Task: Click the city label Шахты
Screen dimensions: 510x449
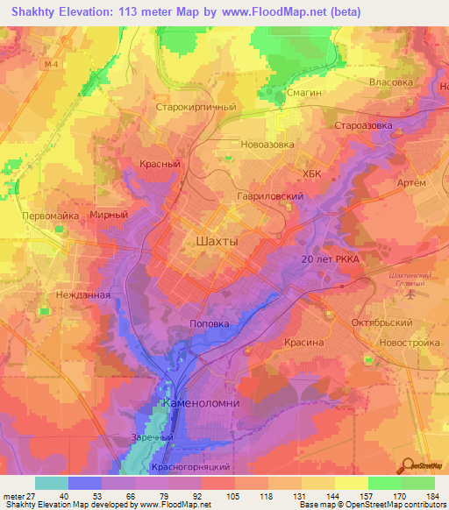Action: pos(214,240)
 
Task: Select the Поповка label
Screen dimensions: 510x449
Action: pos(210,323)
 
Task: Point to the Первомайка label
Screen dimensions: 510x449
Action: pos(51,215)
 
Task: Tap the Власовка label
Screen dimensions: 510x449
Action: pos(390,81)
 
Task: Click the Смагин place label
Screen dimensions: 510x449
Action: pos(305,91)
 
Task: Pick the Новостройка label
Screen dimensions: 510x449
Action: pos(402,343)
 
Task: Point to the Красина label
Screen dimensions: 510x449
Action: pos(303,343)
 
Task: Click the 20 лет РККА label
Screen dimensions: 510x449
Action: pos(331,260)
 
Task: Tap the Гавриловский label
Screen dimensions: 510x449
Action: pos(270,197)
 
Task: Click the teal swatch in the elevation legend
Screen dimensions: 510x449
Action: pos(52,483)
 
